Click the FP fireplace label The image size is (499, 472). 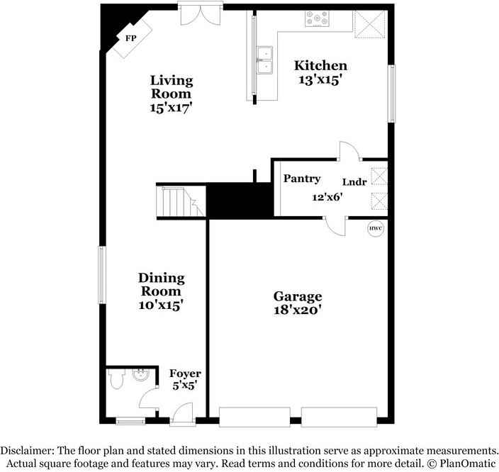[x=131, y=37]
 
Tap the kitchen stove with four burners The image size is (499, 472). [x=317, y=19]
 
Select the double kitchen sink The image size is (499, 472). [x=266, y=61]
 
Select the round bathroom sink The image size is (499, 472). [x=140, y=375]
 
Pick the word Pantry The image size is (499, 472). [x=302, y=179]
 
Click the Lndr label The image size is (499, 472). [x=355, y=182]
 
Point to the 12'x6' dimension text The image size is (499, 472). [x=327, y=198]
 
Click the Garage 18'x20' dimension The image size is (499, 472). [x=298, y=310]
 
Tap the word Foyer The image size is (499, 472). [x=185, y=373]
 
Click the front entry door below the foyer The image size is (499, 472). [x=181, y=415]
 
